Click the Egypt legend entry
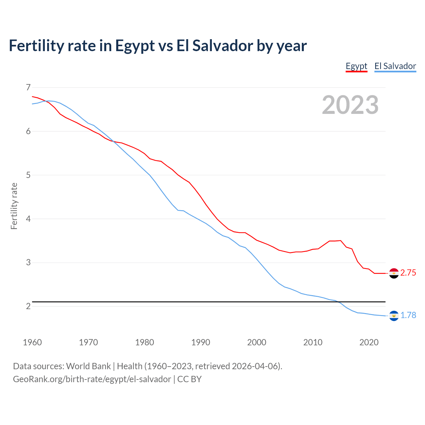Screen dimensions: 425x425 356,66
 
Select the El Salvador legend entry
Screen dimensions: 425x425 395,66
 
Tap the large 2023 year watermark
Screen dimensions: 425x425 350,105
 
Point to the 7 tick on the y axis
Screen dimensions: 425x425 28,87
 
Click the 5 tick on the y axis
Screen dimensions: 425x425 28,175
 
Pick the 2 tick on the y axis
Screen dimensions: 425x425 28,306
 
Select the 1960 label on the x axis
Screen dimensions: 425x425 32,342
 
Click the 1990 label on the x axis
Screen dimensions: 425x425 201,342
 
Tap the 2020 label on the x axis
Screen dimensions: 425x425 369,342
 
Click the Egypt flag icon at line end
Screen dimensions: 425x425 394,273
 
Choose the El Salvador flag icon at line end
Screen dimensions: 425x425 394,316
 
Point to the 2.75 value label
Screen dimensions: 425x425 408,273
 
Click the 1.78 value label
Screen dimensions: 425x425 408,315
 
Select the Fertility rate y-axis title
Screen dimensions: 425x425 14,206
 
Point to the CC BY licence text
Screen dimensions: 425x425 189,379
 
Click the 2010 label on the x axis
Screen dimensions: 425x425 313,342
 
